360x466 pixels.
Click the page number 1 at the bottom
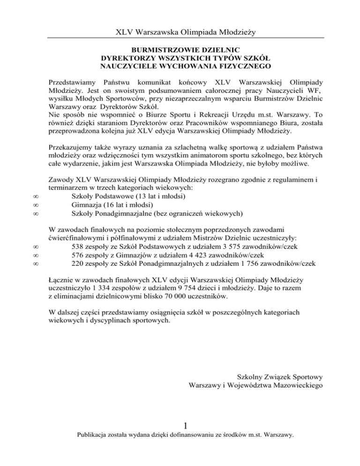tap(186, 425)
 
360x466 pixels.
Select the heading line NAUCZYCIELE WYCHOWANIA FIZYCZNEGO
tap(186, 66)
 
